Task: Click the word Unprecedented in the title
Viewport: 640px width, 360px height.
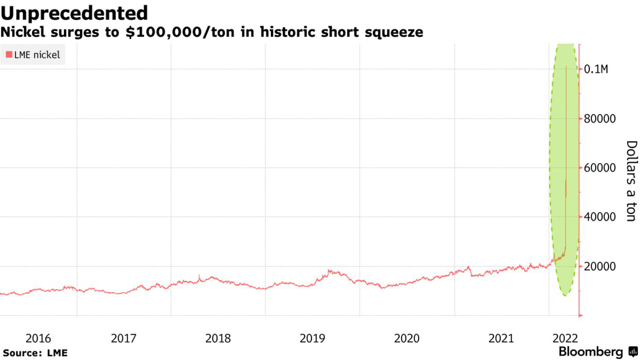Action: [x=74, y=12]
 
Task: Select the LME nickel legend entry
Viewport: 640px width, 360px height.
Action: [x=33, y=55]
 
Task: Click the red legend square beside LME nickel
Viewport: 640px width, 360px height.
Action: [x=9, y=55]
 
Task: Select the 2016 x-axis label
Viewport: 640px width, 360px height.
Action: [x=38, y=339]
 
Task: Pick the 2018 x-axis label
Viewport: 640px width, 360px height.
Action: [x=218, y=339]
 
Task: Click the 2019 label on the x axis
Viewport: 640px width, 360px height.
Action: [x=312, y=339]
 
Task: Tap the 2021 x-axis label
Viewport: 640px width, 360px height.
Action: [x=501, y=339]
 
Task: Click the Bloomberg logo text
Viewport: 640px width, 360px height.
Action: [x=591, y=352]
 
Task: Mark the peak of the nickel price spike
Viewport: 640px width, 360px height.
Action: [x=566, y=67]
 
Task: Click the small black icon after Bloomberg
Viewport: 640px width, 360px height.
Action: [x=633, y=352]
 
